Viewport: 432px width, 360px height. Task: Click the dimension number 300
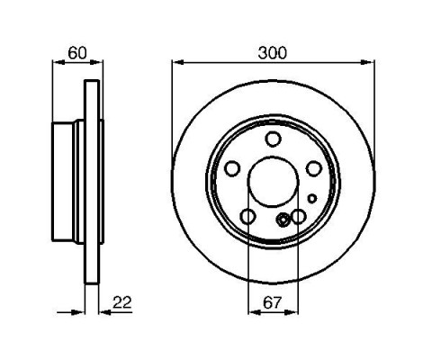pyautogui.click(x=273, y=53)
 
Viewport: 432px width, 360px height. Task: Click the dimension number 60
pyautogui.click(x=77, y=53)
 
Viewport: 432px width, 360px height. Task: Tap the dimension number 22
pyautogui.click(x=122, y=302)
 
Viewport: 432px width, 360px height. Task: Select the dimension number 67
pyautogui.click(x=273, y=302)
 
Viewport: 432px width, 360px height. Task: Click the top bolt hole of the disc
pyautogui.click(x=274, y=139)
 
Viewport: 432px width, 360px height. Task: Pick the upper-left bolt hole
pyautogui.click(x=232, y=168)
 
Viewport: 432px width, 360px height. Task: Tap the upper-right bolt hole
pyautogui.click(x=314, y=168)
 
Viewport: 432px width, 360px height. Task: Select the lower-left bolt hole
pyautogui.click(x=248, y=216)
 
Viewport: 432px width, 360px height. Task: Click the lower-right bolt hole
pyautogui.click(x=299, y=216)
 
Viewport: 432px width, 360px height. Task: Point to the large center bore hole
pyautogui.click(x=274, y=182)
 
